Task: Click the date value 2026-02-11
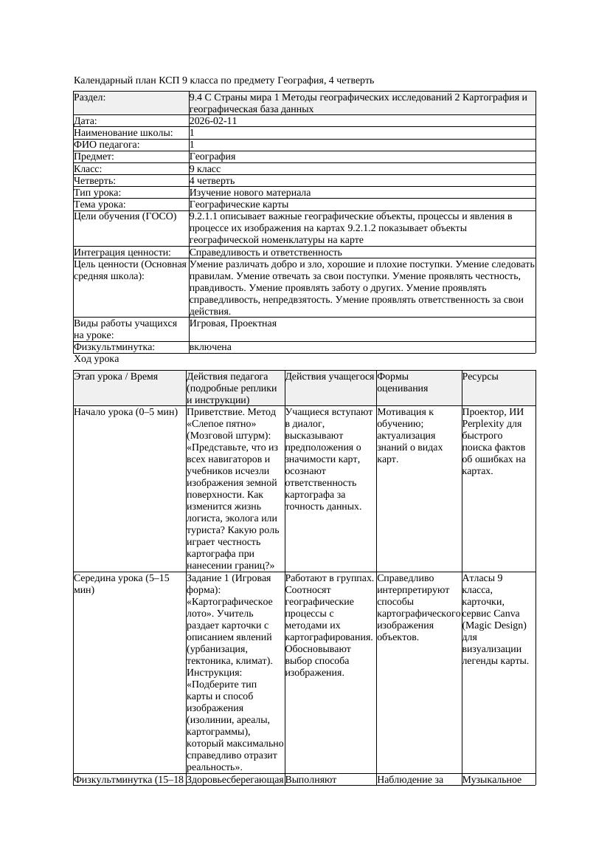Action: point(213,121)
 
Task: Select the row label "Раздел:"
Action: point(90,97)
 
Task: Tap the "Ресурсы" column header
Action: point(480,377)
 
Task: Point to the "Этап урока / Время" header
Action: point(116,377)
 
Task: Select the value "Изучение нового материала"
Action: point(250,192)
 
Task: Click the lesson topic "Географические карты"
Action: point(239,204)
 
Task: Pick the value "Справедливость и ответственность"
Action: point(266,253)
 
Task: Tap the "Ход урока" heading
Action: point(97,359)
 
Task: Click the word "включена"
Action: point(210,347)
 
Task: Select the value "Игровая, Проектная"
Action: point(233,323)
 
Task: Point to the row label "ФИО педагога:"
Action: point(107,145)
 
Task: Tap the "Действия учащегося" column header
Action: point(329,377)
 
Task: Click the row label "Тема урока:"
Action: point(100,204)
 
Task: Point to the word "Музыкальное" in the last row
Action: point(492,779)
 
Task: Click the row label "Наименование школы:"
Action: point(123,133)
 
